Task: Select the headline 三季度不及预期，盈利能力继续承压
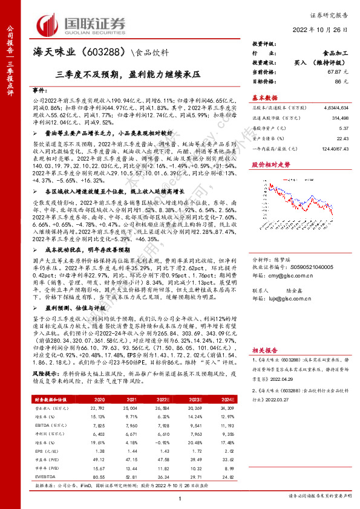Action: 128,74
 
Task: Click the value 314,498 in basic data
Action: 338,120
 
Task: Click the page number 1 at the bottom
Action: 180,498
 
